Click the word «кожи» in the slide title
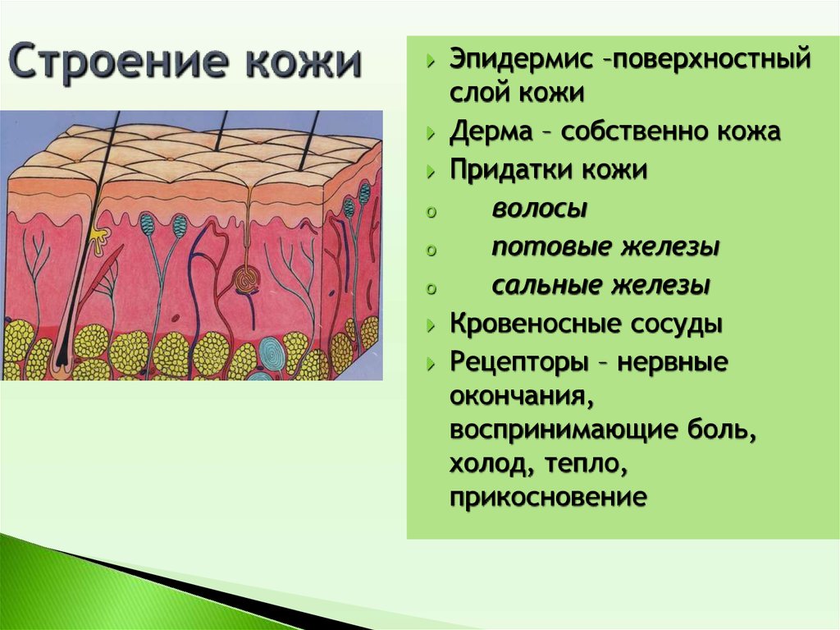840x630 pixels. tap(304, 61)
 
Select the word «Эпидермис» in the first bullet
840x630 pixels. tap(521, 59)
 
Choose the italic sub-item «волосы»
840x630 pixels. tap(540, 208)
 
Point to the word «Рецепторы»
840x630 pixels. tap(519, 362)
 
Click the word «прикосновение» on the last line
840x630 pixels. tap(548, 498)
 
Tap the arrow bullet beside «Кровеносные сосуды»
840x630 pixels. tap(431, 325)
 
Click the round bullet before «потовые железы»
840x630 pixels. tap(431, 250)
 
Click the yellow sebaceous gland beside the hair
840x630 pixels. tap(98, 240)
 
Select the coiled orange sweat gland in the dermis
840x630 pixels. tap(247, 279)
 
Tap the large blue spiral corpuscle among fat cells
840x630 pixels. tap(273, 354)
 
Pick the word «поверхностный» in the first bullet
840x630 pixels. tap(711, 59)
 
